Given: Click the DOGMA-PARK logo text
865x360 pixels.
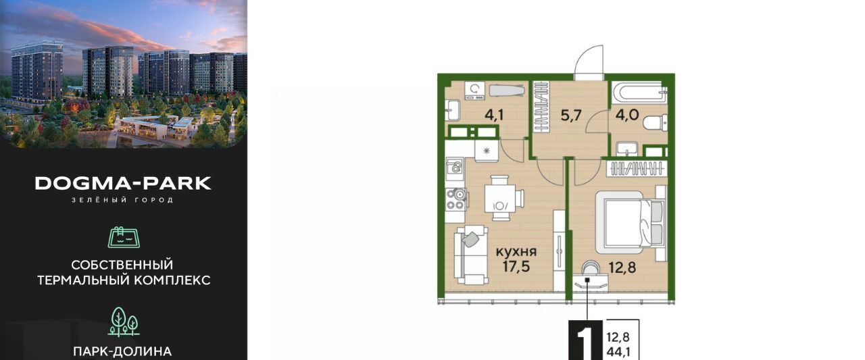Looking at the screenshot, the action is point(123,183).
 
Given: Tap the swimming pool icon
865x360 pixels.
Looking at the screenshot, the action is point(124,237).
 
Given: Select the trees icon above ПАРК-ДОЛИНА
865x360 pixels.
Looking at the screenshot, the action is point(124,322).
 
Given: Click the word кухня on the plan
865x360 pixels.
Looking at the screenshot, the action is point(516,252).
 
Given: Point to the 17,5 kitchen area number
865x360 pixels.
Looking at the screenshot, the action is point(516,266).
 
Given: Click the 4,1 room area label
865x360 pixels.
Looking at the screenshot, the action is point(494,115).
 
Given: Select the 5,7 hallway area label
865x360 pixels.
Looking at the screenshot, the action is point(571,115).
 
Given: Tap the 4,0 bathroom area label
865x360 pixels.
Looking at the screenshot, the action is point(627,115).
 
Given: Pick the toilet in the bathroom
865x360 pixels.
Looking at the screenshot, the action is point(656,123).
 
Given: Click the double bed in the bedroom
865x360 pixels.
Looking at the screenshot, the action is point(631,222).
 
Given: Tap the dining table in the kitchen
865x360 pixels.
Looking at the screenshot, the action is point(501,198).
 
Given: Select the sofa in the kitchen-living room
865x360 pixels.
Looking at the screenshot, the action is point(471,255).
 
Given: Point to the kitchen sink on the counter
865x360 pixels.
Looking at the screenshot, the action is point(455,168).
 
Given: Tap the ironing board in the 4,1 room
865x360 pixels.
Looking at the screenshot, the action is point(508,91).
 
